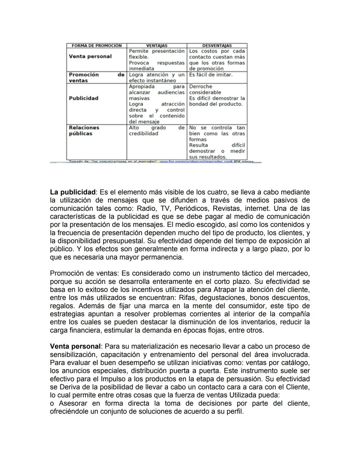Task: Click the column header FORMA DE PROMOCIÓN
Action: tap(97, 46)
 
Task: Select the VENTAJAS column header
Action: tap(157, 46)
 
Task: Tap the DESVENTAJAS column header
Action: tap(217, 46)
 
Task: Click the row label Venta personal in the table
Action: tap(90, 56)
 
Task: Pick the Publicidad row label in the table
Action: tap(83, 98)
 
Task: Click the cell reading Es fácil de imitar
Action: tap(211, 75)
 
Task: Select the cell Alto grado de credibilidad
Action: tap(157, 130)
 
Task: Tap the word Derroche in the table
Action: tap(201, 86)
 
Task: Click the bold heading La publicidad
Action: tap(73, 192)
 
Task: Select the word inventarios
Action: tap(259, 322)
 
